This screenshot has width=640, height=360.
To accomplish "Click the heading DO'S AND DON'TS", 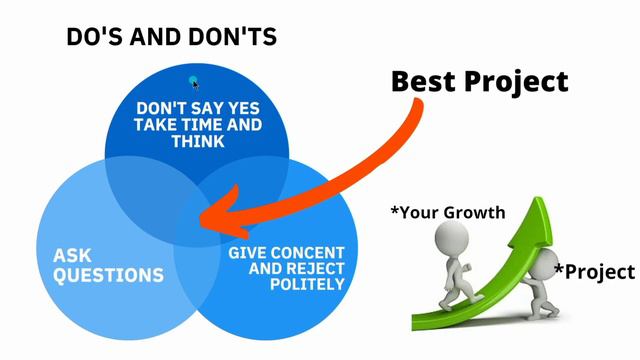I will click(x=171, y=38).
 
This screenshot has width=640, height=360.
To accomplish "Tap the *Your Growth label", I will click(x=447, y=212).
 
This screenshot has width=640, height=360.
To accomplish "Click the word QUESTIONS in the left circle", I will click(x=108, y=274).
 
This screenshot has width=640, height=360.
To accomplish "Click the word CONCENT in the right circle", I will click(x=305, y=251).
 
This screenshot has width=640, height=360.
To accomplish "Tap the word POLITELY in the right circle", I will click(x=307, y=284).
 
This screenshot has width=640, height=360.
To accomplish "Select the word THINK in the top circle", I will click(x=196, y=142).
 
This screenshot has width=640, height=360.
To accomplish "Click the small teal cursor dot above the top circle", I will click(x=194, y=82).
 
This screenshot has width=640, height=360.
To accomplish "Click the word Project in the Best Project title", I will click(x=519, y=81).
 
